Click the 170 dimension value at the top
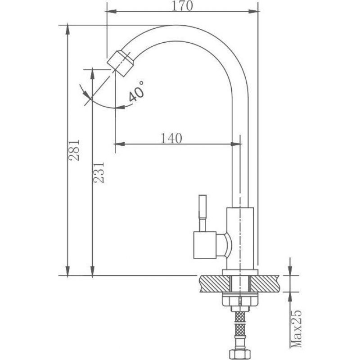coord(182,6)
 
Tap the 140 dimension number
coord(171,138)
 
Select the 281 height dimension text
coord(74,150)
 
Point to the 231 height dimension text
coord(99,172)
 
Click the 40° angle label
coord(136,91)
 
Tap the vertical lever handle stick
coord(202,213)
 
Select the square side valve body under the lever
coord(205,245)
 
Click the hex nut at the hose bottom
coord(240,354)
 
